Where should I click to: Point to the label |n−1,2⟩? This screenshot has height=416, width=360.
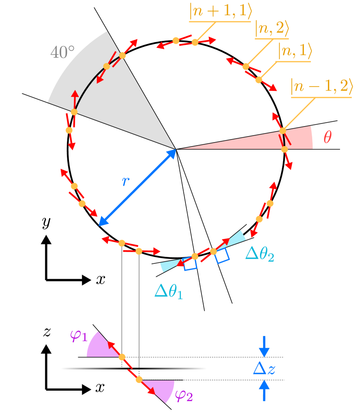(x=321, y=87)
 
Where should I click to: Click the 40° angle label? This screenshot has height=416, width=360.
(x=62, y=53)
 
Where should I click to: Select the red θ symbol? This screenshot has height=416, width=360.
(x=328, y=138)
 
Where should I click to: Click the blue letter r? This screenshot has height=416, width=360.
(x=126, y=181)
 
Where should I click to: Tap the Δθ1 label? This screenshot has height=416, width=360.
(x=168, y=291)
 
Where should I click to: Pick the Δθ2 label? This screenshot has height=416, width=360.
(x=260, y=254)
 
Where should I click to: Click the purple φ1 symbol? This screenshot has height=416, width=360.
(x=79, y=336)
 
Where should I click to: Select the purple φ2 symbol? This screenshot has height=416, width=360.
(x=184, y=395)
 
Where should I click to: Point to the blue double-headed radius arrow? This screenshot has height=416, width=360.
(x=137, y=187)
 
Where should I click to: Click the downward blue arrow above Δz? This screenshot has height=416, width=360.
(x=264, y=346)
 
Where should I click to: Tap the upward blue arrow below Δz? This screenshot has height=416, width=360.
(x=264, y=390)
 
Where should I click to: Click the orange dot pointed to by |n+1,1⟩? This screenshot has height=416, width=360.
(x=195, y=42)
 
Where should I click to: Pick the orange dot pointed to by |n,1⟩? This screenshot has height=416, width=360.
(x=259, y=80)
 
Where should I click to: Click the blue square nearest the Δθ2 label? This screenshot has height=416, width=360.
(x=222, y=256)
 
